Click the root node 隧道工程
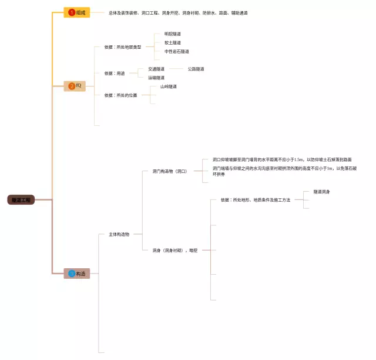pos(22,200)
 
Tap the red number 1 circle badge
pos(72,12)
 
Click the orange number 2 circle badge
pos(72,86)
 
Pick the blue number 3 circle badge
pos(72,273)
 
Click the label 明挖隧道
pos(173,34)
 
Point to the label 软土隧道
pos(173,43)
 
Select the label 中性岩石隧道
pos(177,52)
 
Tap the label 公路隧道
pos(196,69)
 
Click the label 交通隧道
pos(156,69)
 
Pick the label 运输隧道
pos(156,78)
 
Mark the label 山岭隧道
pos(169,86)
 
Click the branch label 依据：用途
pos(115,74)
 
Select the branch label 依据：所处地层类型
pos(123,47)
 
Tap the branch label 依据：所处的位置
pos(120,95)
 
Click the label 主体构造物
pos(119,234)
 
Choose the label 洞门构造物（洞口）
pos(169,171)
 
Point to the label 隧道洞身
pos(321,192)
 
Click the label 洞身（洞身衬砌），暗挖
pos(174,250)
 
